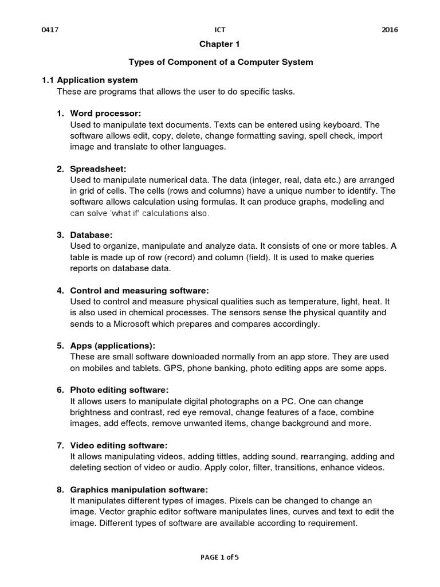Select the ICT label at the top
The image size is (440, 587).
220,30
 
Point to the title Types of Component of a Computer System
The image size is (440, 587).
220,62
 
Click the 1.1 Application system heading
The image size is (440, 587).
90,80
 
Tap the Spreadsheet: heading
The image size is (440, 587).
98,169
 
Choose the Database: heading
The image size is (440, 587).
92,235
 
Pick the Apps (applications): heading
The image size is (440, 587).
112,346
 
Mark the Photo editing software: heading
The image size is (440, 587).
119,390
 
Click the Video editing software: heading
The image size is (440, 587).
119,445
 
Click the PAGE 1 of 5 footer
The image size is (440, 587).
220,557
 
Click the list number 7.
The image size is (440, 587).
60,445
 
